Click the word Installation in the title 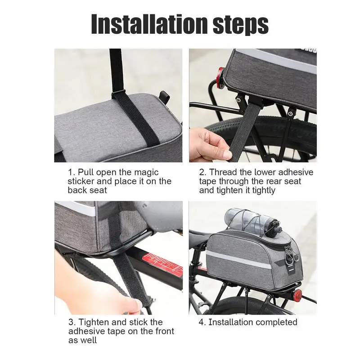[x=150, y=24]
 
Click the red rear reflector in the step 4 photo [x=298, y=294]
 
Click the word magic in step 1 [x=146, y=172]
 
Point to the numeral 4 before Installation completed [x=201, y=322]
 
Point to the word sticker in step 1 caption [x=81, y=181]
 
